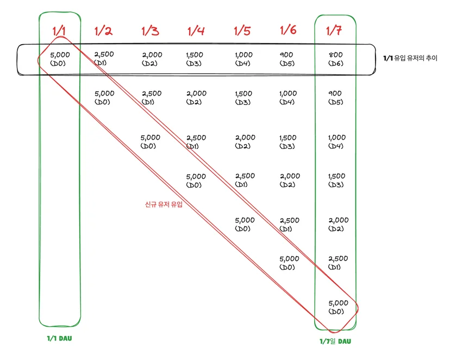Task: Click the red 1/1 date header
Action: pos(59,30)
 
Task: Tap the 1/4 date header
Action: pos(196,30)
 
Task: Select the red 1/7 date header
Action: pos(334,30)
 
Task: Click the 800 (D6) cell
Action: pos(336,59)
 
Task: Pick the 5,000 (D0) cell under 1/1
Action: pos(60,59)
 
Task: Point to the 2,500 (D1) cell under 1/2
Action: pos(104,58)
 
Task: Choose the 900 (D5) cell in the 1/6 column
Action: pos(287,59)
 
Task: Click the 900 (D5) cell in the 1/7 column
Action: pos(335,97)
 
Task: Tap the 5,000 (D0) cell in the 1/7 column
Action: pos(339,307)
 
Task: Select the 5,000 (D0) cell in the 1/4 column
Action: pos(196,181)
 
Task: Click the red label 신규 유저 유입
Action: pos(164,204)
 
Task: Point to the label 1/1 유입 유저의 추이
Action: pos(410,58)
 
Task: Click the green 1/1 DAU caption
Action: pos(59,338)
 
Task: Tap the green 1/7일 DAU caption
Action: pos(335,342)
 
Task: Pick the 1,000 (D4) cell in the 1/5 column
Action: pos(243,59)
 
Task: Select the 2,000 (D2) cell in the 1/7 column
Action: pos(339,224)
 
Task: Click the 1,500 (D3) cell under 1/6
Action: pos(288,142)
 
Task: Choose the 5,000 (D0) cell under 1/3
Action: pos(151,141)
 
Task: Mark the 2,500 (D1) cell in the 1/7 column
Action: pos(338,263)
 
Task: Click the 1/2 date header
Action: pos(103,30)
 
